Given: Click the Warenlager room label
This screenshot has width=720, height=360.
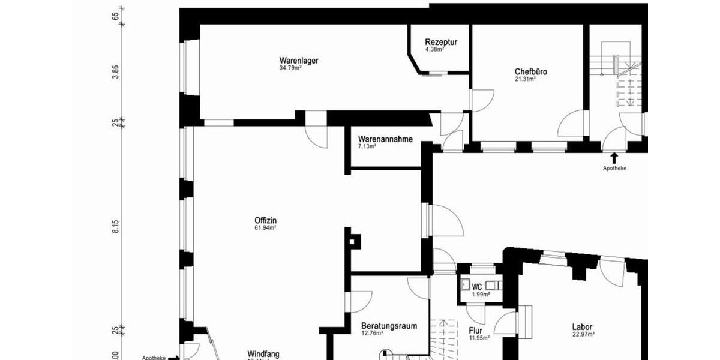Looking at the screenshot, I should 298,61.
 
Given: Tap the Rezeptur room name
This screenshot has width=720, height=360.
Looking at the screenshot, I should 441,42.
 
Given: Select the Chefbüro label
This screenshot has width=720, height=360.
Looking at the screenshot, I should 530,71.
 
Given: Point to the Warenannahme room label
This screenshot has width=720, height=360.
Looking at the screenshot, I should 385,139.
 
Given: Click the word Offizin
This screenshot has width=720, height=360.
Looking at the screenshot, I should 265,220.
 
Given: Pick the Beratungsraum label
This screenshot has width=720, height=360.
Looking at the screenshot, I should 389,326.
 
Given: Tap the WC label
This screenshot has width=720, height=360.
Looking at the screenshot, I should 477,287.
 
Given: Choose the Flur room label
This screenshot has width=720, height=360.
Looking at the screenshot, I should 475,329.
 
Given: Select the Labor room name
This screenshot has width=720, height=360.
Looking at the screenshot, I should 583,327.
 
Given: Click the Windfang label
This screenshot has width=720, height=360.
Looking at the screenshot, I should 263,354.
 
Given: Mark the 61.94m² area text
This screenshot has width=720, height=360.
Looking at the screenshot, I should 265,228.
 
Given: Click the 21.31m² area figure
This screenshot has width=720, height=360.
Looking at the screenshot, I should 525,79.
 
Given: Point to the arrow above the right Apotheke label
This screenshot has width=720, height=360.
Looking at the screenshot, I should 614,158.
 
